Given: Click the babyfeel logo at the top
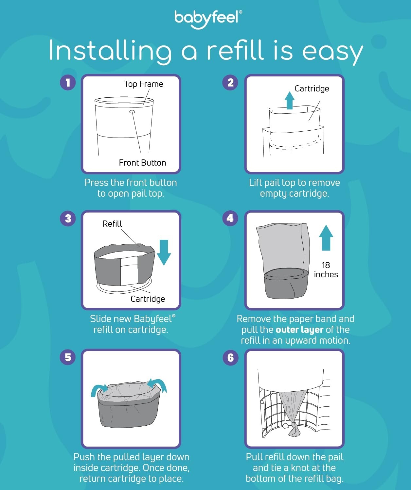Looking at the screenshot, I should point(208,19).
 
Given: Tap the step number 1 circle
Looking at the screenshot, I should point(68,82).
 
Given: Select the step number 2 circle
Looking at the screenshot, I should point(230,82).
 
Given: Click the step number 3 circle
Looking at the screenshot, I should point(68,218).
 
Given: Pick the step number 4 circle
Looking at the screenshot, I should point(230,218).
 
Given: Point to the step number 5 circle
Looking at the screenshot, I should point(68,357).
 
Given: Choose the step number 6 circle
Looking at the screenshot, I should point(230,357).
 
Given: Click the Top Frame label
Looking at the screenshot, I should point(143,84).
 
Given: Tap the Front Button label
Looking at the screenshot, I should point(142,163).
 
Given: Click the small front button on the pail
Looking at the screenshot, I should point(132,112).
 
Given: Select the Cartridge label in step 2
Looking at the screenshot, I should point(312,89).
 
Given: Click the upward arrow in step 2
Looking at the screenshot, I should point(289,100).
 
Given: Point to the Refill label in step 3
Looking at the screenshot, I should point(112,224).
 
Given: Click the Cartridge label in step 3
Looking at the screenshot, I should point(148,299).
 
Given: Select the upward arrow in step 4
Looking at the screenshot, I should point(326,237).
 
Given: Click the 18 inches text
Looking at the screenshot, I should point(326,270).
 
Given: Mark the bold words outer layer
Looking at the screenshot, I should point(299,330).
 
